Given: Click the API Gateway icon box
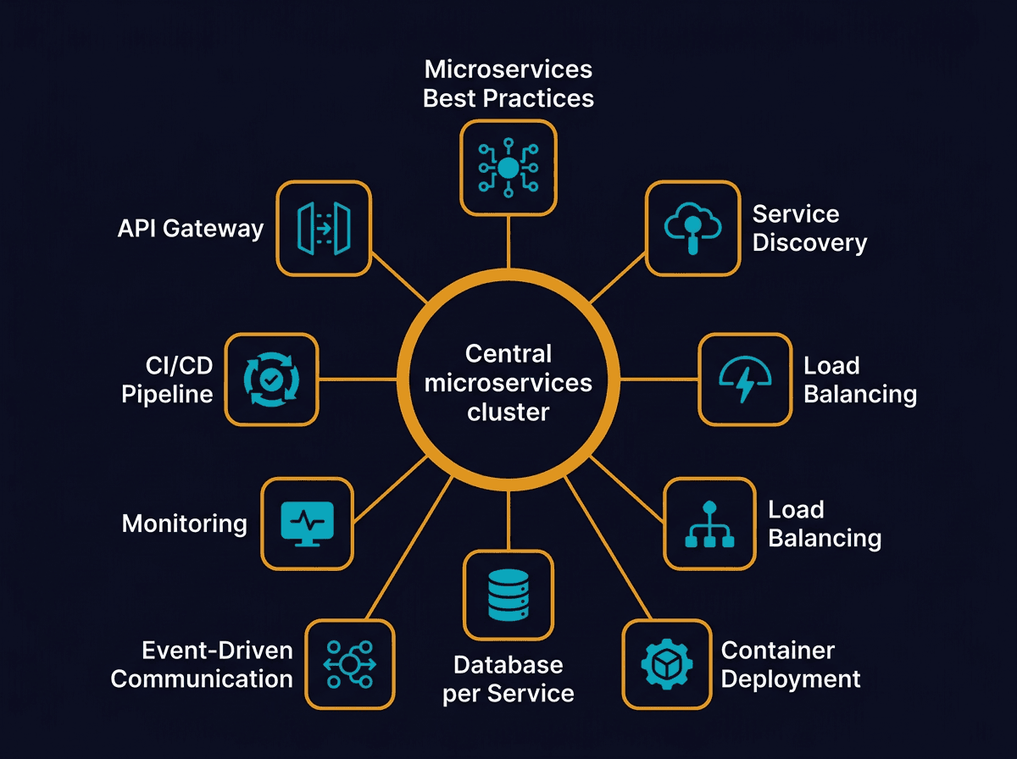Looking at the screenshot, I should pos(324,229).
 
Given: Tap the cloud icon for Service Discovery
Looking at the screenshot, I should pos(692,227).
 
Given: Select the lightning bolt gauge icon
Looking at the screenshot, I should pos(745,379).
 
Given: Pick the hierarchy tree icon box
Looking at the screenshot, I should pos(709,524).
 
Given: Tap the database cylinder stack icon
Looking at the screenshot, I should pos(508,595).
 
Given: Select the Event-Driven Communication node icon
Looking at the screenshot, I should pos(348,664).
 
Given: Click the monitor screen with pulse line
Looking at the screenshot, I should pos(307,523).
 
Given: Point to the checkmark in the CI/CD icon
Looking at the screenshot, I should pos(271,379).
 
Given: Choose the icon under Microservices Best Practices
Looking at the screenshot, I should pos(508,167).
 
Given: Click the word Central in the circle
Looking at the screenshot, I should pos(508,353).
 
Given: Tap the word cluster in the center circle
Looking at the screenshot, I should pos(508,413).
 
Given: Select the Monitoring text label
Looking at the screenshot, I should pos(184,524).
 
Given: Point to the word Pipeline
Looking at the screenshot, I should pos(167,395).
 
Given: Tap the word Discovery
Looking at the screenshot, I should pos(809,244).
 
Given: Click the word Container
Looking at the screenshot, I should pos(777,651).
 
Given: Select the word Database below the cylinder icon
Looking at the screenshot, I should pos(508,665).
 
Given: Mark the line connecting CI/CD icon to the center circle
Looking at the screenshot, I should pos(358,379).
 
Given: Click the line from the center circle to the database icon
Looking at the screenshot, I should pos(508,517).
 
